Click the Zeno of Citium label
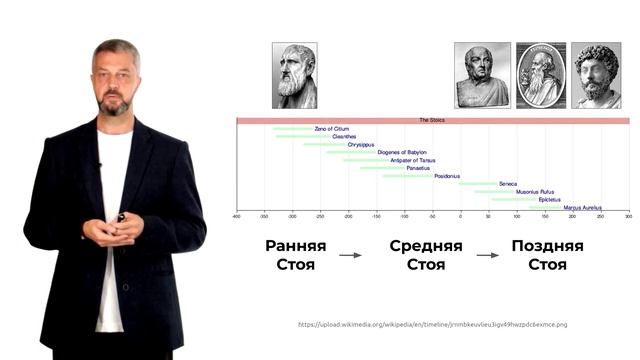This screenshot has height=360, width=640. [x=329, y=129]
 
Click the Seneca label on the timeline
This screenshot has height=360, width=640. [x=508, y=184]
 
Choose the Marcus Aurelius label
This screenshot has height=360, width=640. [x=582, y=208]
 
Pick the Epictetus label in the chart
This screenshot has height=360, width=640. [x=550, y=200]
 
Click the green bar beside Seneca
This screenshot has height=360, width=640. [x=478, y=184]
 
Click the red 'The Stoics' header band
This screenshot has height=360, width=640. [x=432, y=120]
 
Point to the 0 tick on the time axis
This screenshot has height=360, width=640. [x=461, y=216]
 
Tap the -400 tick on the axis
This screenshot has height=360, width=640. [x=237, y=216]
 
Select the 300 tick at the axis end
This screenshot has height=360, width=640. [x=628, y=216]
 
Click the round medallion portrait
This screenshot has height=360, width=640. [x=540, y=75]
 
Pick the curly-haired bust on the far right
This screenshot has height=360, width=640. [x=596, y=75]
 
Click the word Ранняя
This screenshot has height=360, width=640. [x=295, y=246]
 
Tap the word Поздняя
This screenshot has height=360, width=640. [x=547, y=246]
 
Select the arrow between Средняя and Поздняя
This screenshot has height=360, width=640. [x=487, y=255]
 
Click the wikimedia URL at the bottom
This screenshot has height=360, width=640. [x=432, y=324]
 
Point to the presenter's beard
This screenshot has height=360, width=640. [x=116, y=105]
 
